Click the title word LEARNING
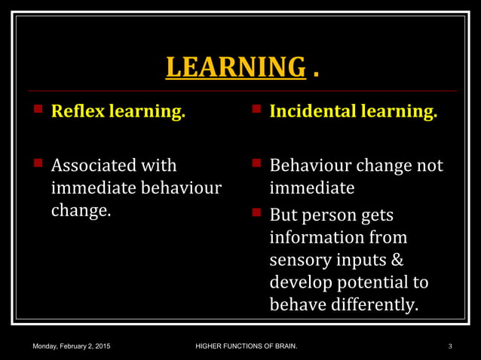pyautogui.click(x=234, y=67)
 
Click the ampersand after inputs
pyautogui.click(x=397, y=260)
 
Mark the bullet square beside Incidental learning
pyautogui.click(x=256, y=110)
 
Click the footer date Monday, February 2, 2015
pyautogui.click(x=71, y=346)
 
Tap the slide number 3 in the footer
pyautogui.click(x=449, y=346)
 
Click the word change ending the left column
pyautogui.click(x=80, y=210)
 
